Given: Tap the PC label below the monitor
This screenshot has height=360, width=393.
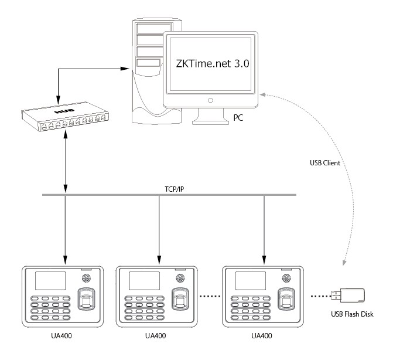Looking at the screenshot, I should coord(239,117).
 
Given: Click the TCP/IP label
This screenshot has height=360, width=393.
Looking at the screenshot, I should coord(169,189).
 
